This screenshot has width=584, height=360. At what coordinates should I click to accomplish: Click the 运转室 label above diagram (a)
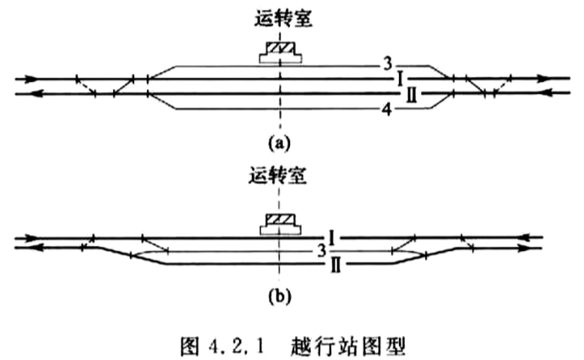point(283,19)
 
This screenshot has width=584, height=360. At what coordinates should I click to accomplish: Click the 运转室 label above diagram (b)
point(278,176)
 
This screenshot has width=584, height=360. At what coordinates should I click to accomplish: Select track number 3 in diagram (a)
point(388,64)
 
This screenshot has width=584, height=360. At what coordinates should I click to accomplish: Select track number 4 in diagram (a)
point(387,110)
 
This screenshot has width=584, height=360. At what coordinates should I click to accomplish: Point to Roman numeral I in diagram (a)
point(401,79)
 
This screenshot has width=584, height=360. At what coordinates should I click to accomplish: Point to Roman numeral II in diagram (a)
point(412,95)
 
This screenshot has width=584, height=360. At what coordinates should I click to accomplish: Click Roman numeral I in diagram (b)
point(332,237)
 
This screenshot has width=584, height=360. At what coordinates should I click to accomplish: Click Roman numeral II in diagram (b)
point(336,266)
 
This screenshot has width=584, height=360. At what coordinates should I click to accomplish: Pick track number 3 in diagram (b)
point(322,251)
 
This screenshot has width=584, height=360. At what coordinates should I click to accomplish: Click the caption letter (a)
point(279,144)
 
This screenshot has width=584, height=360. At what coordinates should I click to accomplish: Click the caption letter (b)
point(280,297)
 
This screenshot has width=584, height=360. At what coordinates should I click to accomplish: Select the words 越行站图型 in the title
point(347,346)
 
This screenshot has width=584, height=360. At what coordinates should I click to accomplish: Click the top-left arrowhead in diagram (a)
point(31,79)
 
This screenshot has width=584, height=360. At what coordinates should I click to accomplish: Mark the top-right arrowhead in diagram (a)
point(543,79)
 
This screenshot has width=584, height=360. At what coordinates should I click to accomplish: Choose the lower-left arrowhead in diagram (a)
point(37,94)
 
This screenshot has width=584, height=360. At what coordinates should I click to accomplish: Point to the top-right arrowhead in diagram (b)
point(529,237)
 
